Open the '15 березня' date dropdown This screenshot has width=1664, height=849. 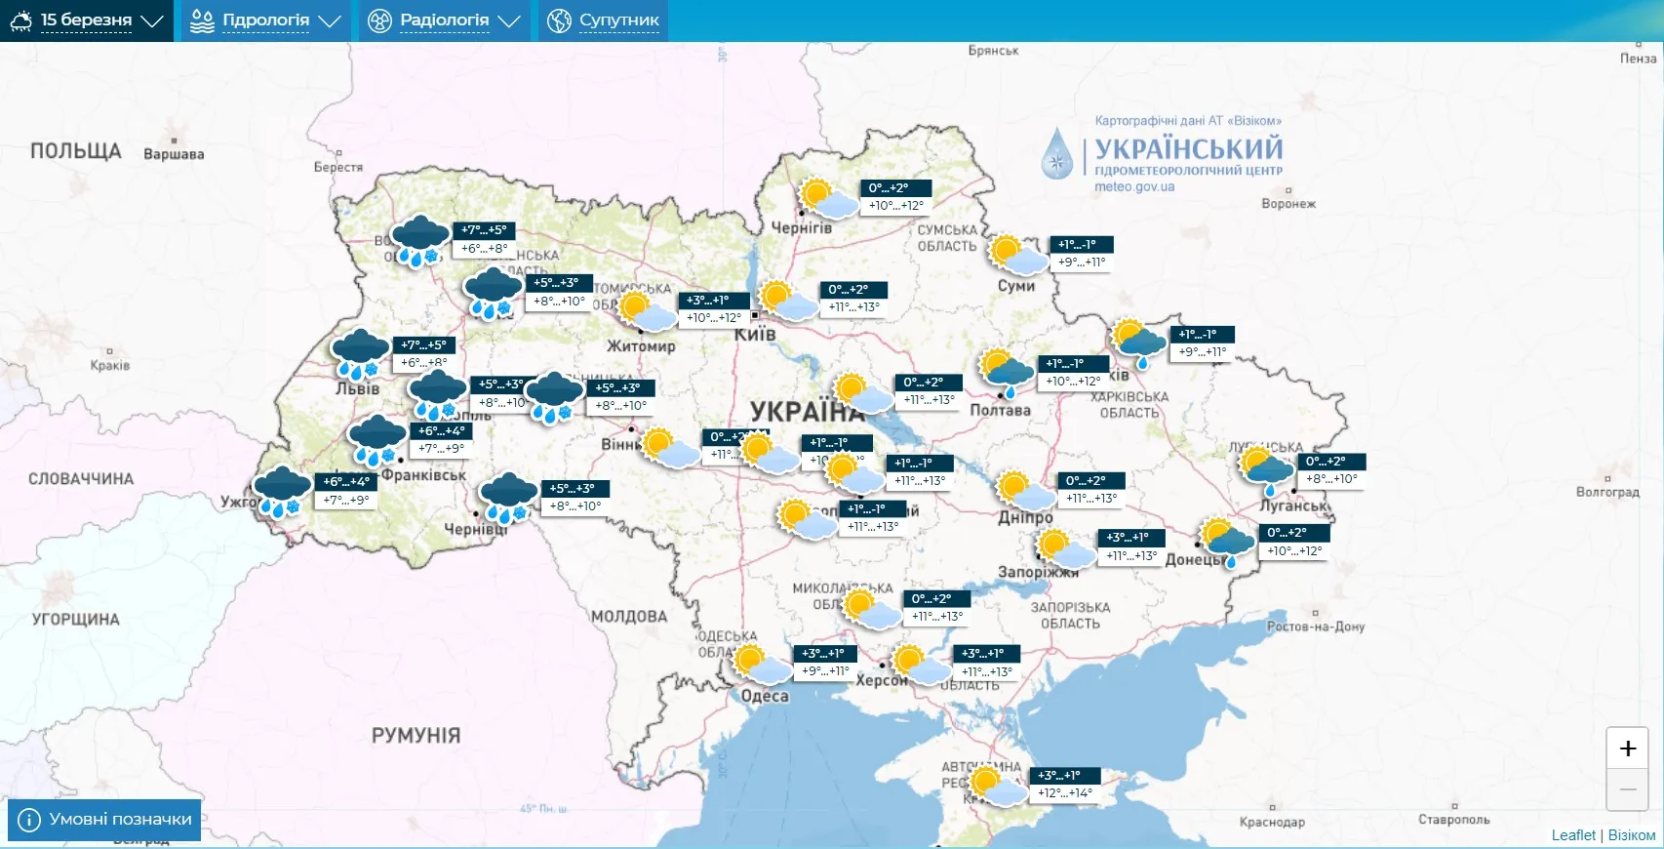click(x=87, y=20)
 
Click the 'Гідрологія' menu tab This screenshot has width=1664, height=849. click(x=265, y=20)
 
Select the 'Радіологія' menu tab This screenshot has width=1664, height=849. click(x=444, y=20)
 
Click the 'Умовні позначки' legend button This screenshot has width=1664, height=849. click(x=104, y=820)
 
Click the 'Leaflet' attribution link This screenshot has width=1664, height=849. click(x=1573, y=835)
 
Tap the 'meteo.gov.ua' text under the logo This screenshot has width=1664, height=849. click(x=1134, y=187)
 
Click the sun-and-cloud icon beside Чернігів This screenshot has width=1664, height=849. click(x=827, y=197)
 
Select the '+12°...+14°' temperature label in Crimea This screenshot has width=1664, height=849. click(x=1065, y=793)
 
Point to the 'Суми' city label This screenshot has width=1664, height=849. click(x=1015, y=286)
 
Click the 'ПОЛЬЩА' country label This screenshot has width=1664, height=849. click(x=75, y=151)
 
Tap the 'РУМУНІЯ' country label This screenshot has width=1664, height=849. click(x=416, y=736)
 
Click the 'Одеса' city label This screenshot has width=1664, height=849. click(x=765, y=696)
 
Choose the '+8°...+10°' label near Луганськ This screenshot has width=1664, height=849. click(x=1331, y=479)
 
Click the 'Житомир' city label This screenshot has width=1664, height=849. click(x=641, y=346)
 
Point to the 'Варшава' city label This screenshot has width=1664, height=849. click(x=174, y=154)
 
